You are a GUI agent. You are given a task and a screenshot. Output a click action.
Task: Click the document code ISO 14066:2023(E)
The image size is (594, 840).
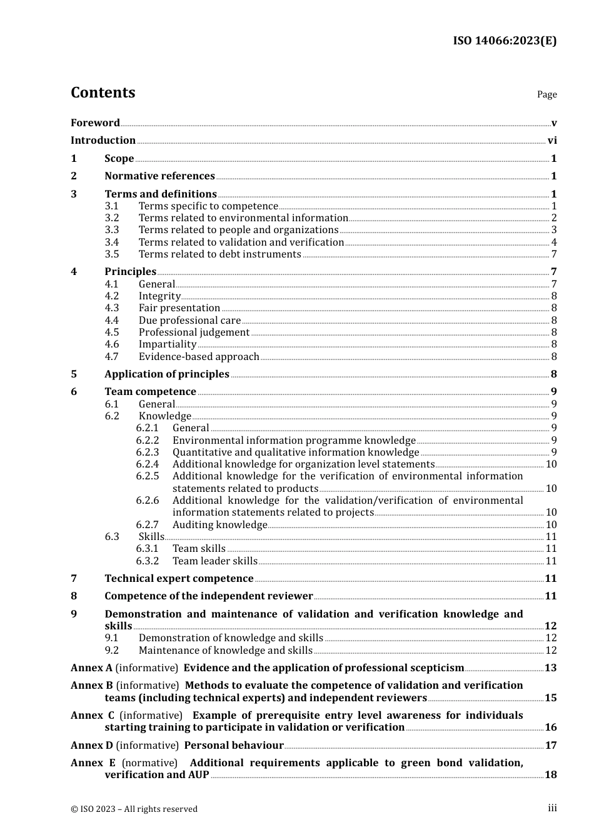505,41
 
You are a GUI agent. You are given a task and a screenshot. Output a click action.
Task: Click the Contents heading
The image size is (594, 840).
103,92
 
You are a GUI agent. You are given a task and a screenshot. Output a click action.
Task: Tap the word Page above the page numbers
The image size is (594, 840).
546,94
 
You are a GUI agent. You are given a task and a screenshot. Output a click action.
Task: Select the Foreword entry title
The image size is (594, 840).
95,122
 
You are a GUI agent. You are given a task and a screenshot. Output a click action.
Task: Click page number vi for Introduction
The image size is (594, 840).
552,141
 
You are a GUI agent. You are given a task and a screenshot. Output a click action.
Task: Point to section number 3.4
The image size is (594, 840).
112,242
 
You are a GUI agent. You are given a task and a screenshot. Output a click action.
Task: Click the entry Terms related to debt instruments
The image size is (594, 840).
219,254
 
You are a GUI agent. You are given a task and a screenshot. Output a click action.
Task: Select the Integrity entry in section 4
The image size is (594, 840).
159,296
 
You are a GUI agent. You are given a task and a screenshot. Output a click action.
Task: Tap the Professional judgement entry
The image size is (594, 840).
194,332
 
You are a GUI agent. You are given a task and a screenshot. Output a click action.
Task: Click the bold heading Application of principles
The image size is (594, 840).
167,374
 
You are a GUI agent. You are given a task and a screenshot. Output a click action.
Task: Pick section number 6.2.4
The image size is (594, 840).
148,464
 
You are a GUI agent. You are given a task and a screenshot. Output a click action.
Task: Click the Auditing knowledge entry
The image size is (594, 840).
219,525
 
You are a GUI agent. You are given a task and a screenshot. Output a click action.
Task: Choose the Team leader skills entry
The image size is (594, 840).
214,561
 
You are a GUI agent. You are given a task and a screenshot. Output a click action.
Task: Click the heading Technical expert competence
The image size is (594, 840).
179,579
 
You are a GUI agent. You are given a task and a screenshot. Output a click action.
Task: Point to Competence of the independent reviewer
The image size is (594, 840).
208,596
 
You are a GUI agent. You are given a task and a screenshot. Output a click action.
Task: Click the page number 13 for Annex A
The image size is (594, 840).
551,668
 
